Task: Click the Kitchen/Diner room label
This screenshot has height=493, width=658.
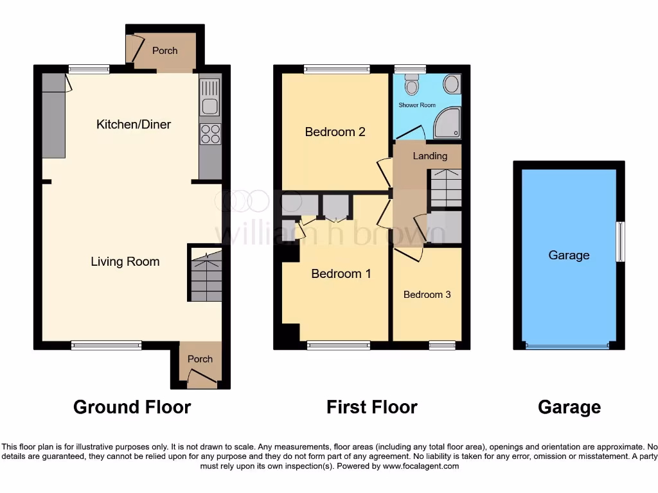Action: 134,124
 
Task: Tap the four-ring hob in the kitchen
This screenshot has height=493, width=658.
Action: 210,134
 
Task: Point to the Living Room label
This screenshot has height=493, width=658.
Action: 125,261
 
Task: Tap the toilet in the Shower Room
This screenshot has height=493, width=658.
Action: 412,84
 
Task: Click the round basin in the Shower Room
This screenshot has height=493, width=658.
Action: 452,84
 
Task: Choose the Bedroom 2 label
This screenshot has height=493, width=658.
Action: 335,132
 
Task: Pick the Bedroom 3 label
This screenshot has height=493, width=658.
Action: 427,295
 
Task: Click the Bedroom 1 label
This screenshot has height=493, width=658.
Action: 341,273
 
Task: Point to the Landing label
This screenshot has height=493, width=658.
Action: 430,156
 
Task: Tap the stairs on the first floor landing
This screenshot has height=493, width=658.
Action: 445,187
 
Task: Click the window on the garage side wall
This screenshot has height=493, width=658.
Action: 620,241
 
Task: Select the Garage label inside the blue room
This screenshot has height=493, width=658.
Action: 569,255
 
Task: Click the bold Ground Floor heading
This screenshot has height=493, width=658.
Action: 132,407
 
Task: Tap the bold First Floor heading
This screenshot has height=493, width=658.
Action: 371,407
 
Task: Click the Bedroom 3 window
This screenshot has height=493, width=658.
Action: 442,345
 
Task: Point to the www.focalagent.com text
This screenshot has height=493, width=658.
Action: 420,466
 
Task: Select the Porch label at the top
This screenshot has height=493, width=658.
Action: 164,50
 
